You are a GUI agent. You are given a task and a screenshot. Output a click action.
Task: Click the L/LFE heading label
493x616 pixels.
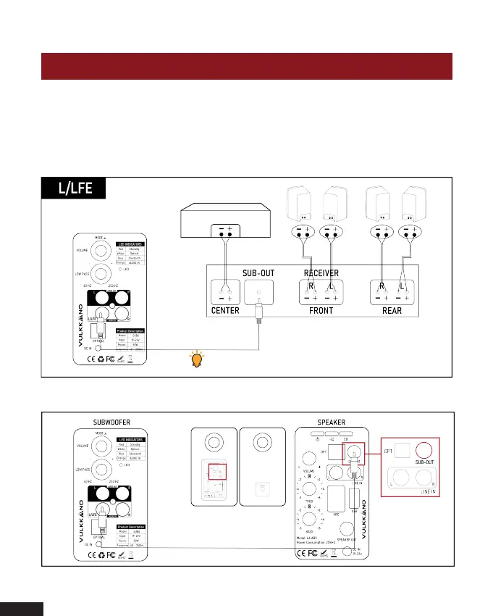75,188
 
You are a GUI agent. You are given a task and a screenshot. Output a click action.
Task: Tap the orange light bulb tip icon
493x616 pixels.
195,359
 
